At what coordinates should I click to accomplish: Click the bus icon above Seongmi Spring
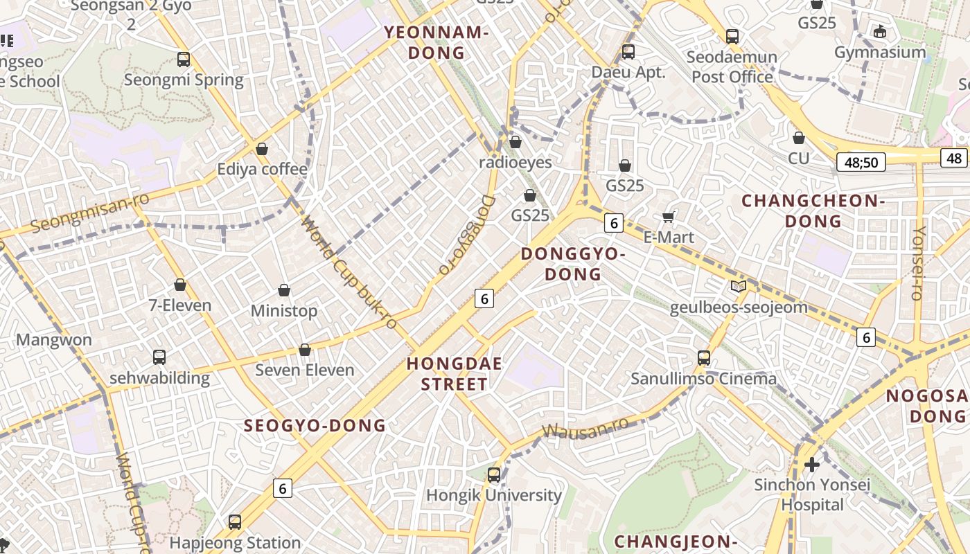click(184, 60)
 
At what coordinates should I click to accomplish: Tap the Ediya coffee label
click(262, 169)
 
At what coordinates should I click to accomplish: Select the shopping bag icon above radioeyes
click(515, 142)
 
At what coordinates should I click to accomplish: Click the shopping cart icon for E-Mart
click(669, 217)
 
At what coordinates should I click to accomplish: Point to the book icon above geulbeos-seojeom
click(739, 286)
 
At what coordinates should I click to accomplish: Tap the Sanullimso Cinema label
click(703, 379)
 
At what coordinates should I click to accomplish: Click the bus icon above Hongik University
click(494, 475)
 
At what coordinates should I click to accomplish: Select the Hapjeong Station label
click(235, 542)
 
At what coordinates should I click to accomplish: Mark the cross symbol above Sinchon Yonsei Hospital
click(812, 464)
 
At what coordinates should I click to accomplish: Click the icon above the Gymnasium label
click(880, 31)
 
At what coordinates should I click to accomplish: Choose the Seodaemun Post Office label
click(732, 66)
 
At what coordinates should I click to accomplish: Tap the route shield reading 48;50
click(861, 163)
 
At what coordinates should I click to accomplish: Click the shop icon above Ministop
click(283, 290)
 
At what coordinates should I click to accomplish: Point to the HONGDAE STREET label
click(455, 374)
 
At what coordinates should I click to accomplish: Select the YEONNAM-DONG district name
click(436, 42)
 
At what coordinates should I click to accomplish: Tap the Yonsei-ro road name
click(919, 263)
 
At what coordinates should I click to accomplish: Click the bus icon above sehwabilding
click(159, 357)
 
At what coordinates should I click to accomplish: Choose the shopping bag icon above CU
click(799, 138)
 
